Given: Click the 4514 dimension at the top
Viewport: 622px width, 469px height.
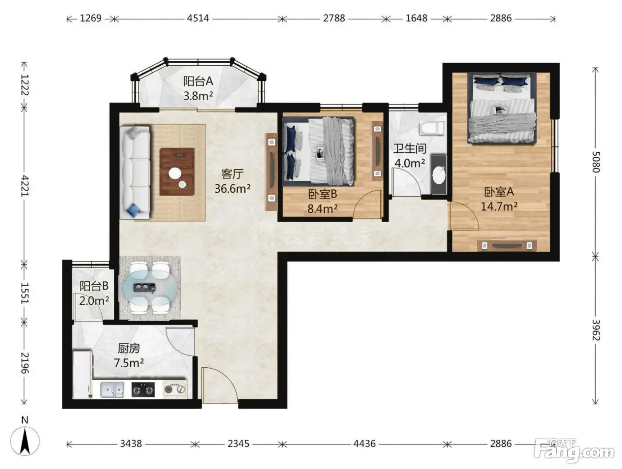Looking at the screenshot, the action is [x=198, y=18].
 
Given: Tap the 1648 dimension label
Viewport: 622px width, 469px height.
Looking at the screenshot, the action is [x=416, y=18].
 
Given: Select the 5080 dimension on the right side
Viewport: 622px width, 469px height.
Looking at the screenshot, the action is [x=596, y=162].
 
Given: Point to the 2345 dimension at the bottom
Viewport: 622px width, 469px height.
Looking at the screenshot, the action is [x=238, y=444].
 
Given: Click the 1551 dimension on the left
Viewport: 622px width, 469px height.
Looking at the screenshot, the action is [x=24, y=293].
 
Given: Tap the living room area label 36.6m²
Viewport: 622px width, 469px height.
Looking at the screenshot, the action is [x=232, y=188].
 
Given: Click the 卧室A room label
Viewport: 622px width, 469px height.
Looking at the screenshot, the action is [x=499, y=192].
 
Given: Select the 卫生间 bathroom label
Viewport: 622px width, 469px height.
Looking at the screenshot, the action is [x=410, y=148].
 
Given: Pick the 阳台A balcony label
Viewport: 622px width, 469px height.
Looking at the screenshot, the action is [x=198, y=81].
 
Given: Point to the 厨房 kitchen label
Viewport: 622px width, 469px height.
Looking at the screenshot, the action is [x=129, y=348].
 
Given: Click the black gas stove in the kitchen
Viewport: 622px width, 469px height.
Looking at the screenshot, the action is [x=143, y=390].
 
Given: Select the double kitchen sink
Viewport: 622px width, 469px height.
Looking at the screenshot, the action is [x=112, y=390].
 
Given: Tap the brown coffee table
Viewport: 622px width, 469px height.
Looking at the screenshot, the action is [x=177, y=171].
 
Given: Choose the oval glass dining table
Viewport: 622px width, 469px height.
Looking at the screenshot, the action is [x=149, y=288].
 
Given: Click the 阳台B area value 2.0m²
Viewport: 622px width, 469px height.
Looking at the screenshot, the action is [x=94, y=301].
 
